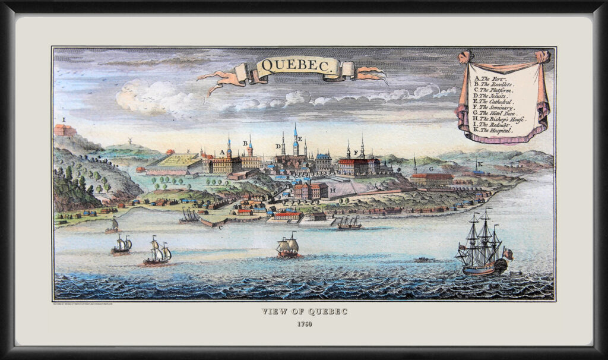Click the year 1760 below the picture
point(303,324)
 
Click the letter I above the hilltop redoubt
point(64,119)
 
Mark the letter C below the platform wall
point(221,226)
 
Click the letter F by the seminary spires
point(356,152)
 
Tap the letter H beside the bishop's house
point(333,190)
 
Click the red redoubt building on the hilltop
point(64,130)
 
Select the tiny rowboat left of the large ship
point(422,259)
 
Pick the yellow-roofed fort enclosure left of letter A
point(175,160)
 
